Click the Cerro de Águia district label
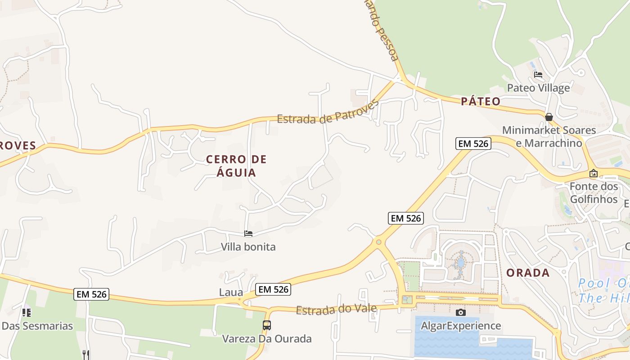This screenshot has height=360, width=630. pyautogui.click(x=236, y=166)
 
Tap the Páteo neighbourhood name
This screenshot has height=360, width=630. pyautogui.click(x=481, y=101)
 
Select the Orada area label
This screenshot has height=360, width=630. pyautogui.click(x=528, y=273)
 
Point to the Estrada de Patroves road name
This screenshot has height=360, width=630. pyautogui.click(x=328, y=112)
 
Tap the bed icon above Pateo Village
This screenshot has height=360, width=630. pyautogui.click(x=538, y=75)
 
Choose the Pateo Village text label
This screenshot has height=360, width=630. pyautogui.click(x=538, y=88)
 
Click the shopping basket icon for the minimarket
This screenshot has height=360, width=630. pyautogui.click(x=549, y=117)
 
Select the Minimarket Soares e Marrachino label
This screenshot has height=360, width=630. pyautogui.click(x=549, y=137)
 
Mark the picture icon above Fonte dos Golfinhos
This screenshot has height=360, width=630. pyautogui.click(x=594, y=173)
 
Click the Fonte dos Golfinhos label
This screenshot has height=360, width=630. pyautogui.click(x=594, y=193)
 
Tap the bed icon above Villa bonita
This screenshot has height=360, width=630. pyautogui.click(x=248, y=234)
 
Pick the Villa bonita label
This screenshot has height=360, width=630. pyautogui.click(x=248, y=247)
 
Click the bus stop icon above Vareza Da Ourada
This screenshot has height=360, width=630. pyautogui.click(x=267, y=325)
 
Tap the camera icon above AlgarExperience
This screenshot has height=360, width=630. pyautogui.click(x=460, y=312)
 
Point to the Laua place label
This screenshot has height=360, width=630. pyautogui.click(x=231, y=292)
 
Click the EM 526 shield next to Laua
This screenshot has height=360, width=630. pyautogui.click(x=273, y=289)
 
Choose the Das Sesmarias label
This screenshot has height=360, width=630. pyautogui.click(x=37, y=326)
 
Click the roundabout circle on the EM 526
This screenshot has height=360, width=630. pyautogui.click(x=378, y=242)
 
